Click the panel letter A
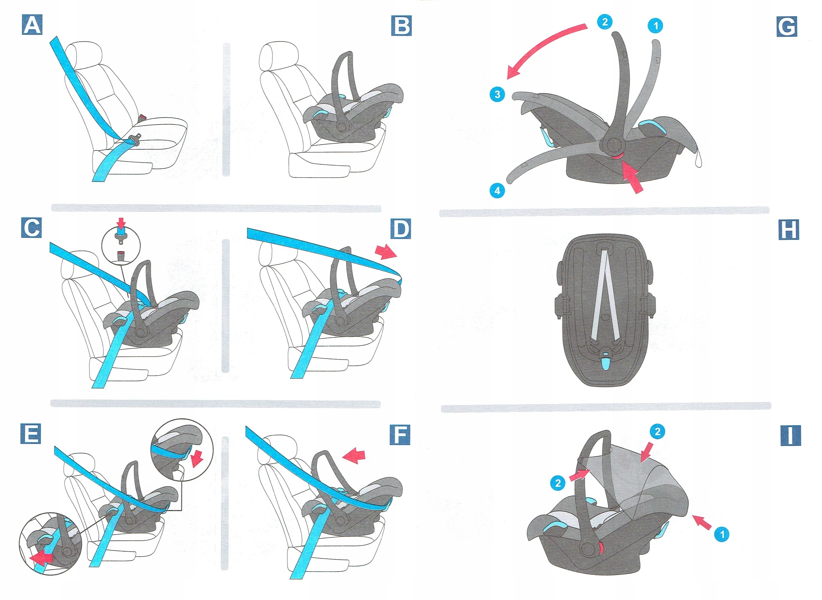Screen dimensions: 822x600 pyautogui.click(x=32, y=25)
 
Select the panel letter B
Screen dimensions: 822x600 pyautogui.click(x=401, y=25)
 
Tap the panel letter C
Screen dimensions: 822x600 pyautogui.click(x=31, y=228)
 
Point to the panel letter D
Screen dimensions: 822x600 pyautogui.click(x=401, y=229)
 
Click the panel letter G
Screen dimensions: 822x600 pyautogui.click(x=787, y=27)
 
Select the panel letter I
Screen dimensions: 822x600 pyautogui.click(x=791, y=436)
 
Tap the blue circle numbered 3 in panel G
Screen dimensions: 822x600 pyautogui.click(x=497, y=94)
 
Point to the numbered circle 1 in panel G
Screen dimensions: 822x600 pyautogui.click(x=655, y=26)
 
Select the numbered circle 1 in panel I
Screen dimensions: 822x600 pyautogui.click(x=722, y=534)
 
